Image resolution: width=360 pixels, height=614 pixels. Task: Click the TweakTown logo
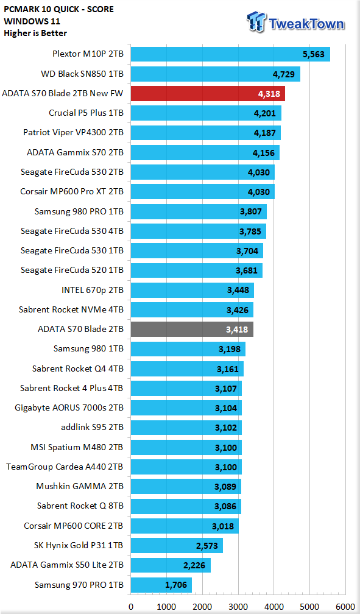296,22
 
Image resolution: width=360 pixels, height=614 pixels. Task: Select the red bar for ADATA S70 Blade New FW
208,94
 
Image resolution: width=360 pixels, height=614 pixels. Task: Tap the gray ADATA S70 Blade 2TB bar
192,330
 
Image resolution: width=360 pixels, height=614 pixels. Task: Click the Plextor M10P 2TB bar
230,54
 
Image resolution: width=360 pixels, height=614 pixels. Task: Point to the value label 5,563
313,54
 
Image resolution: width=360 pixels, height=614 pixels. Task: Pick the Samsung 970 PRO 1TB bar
161,585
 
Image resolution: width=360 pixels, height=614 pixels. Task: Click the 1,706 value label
176,585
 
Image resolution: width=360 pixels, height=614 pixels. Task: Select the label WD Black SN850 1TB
82,74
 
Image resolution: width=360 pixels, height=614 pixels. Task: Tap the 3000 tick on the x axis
238,607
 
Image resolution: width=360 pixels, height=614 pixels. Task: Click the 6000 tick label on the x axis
345,607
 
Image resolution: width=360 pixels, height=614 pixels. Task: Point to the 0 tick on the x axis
131,607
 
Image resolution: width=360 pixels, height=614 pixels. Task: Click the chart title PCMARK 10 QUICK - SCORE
58,9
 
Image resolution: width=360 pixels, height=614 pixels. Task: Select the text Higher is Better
35,34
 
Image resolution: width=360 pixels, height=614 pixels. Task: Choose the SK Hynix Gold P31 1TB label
79,545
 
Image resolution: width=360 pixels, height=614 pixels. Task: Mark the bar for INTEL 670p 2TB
192,290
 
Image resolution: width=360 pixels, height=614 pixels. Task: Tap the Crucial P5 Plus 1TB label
86,113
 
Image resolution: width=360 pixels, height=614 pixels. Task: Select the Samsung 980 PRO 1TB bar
199,211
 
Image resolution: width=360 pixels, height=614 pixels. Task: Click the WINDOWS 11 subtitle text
32,21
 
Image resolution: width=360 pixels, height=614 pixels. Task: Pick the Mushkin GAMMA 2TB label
80,486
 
